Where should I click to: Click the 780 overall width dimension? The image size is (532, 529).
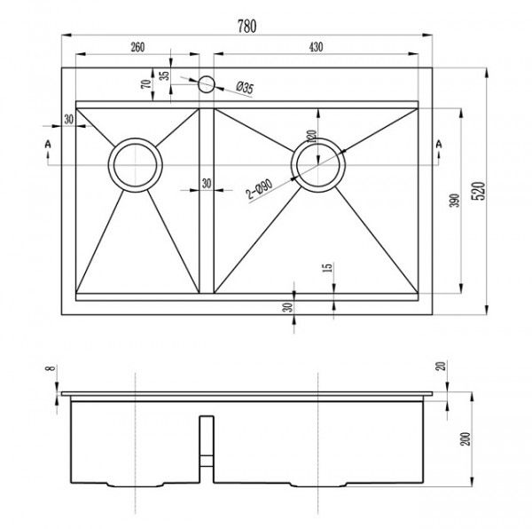pos(246,27)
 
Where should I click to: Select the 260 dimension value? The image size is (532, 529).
pos(137,46)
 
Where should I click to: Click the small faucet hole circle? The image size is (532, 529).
pos(206,84)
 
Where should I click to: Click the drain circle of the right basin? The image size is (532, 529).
pos(318,165)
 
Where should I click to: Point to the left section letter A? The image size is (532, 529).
pos(47,144)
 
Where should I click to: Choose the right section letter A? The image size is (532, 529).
pos(437,144)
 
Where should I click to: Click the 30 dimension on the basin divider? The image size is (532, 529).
pos(206,184)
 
